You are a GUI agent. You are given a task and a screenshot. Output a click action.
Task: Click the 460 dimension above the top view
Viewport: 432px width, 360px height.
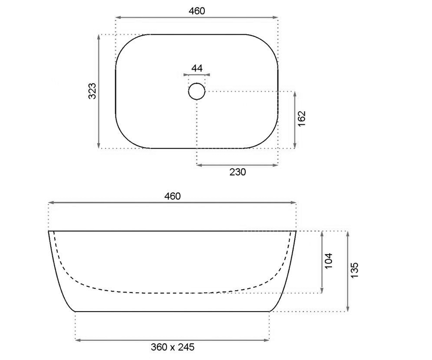coord(197,11)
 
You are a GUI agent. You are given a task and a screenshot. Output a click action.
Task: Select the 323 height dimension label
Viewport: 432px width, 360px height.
coord(92,91)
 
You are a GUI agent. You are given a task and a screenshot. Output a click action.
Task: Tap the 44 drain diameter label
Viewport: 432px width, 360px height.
coord(197,68)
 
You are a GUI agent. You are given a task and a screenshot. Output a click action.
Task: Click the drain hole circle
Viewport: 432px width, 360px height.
coord(197,91)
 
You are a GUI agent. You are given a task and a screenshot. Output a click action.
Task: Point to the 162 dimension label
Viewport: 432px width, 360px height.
coord(301,119)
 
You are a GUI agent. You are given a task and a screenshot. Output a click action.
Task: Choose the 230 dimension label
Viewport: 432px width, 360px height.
coord(238,172)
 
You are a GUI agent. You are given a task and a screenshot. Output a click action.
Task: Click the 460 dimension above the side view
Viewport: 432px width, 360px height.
coord(172,196)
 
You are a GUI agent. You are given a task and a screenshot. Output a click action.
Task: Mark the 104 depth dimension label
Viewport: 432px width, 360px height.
coord(329,261)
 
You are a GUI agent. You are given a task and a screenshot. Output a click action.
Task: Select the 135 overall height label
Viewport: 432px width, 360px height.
coord(354,270)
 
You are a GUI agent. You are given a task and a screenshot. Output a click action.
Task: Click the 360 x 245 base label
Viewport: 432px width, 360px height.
coord(172,347)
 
